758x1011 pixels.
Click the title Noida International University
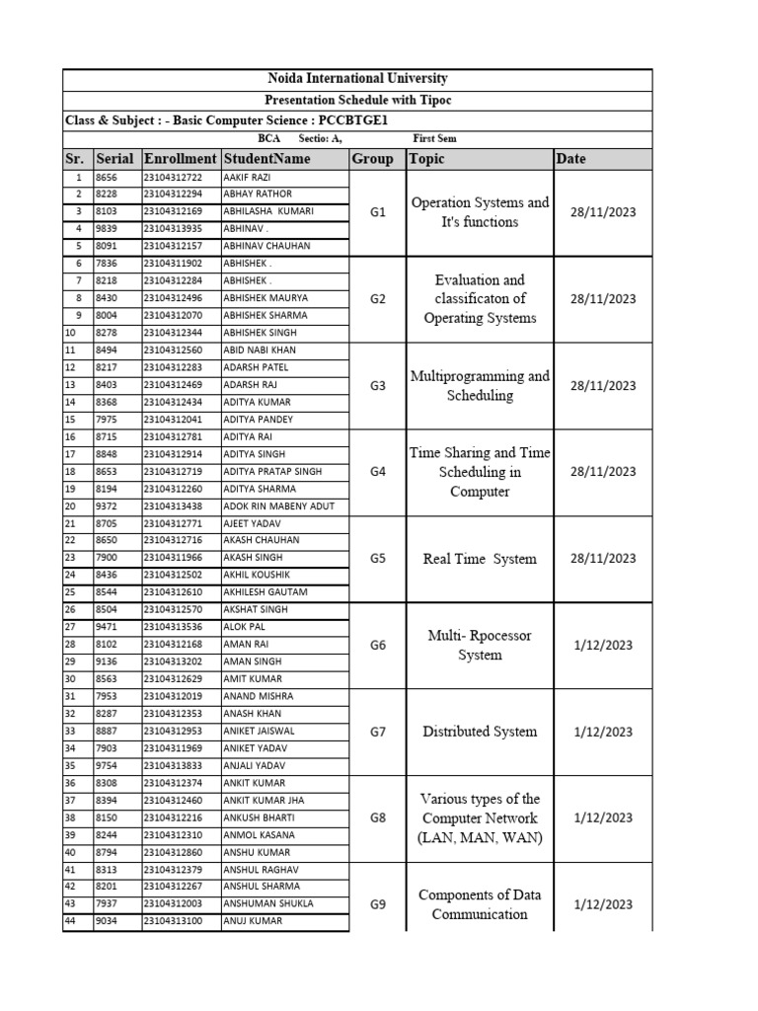click(357, 79)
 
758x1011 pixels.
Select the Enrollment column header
click(180, 159)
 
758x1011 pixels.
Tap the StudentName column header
click(266, 159)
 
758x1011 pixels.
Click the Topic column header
click(427, 159)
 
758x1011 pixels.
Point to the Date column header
click(571, 159)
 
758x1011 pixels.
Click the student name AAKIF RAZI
click(247, 177)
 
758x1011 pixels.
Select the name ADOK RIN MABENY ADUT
click(279, 505)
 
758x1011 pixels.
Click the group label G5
click(377, 559)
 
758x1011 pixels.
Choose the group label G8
click(377, 818)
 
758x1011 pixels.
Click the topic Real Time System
click(480, 559)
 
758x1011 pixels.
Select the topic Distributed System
click(480, 732)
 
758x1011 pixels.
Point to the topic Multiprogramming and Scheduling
click(480, 386)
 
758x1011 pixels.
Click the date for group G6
click(602, 645)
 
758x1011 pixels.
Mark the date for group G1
click(602, 212)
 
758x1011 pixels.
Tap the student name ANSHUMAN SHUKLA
click(269, 904)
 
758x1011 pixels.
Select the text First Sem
click(434, 139)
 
